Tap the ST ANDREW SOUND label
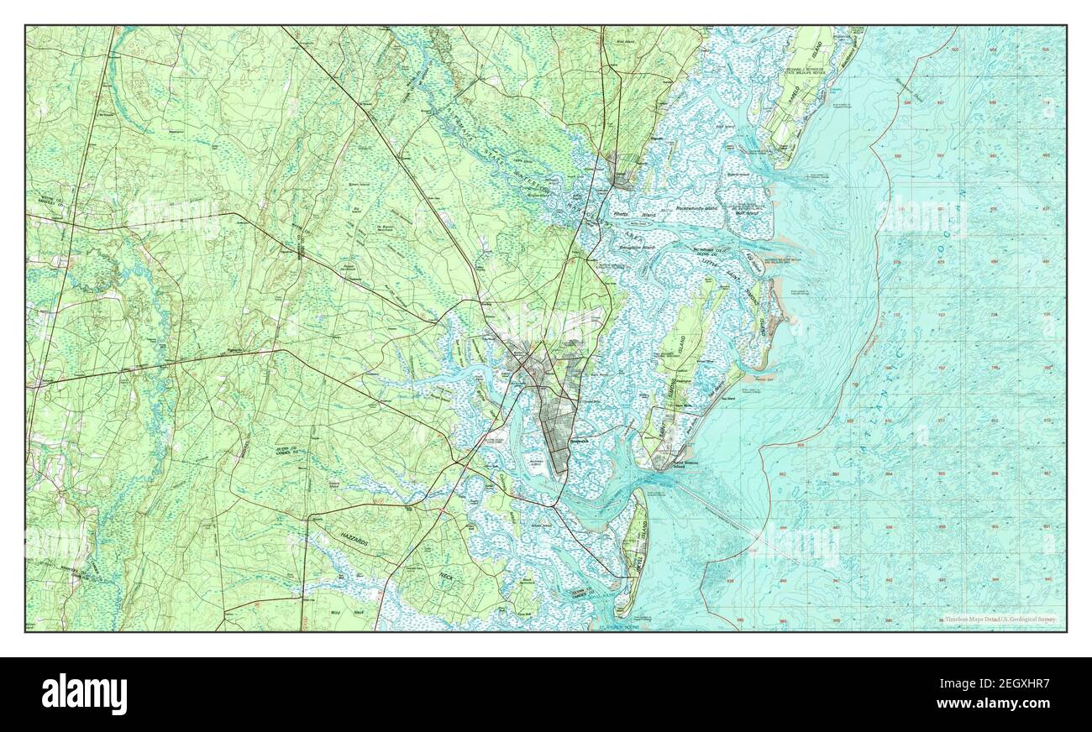(617, 626)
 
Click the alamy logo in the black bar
(84, 693)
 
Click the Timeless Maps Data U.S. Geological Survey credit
(998, 620)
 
